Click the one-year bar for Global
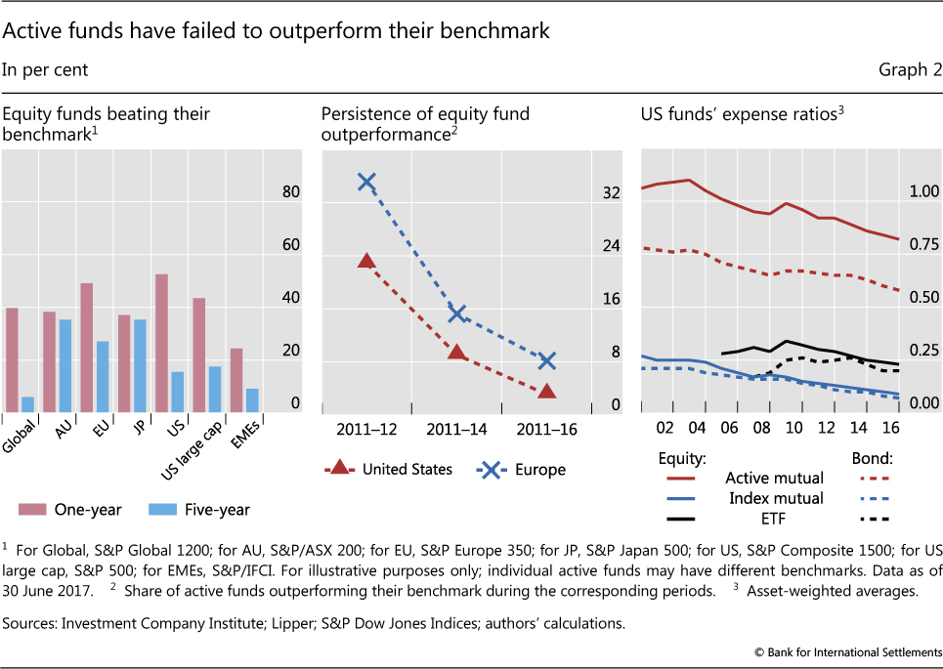(12, 359)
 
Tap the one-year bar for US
(162, 343)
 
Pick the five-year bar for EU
(102, 376)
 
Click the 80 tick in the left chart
(291, 192)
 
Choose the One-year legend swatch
(37, 509)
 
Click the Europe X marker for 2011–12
(366, 182)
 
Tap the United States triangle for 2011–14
(456, 351)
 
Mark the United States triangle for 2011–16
(546, 391)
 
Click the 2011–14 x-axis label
(456, 429)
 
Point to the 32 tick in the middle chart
(612, 192)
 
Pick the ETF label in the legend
(775, 519)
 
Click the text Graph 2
(902, 69)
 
